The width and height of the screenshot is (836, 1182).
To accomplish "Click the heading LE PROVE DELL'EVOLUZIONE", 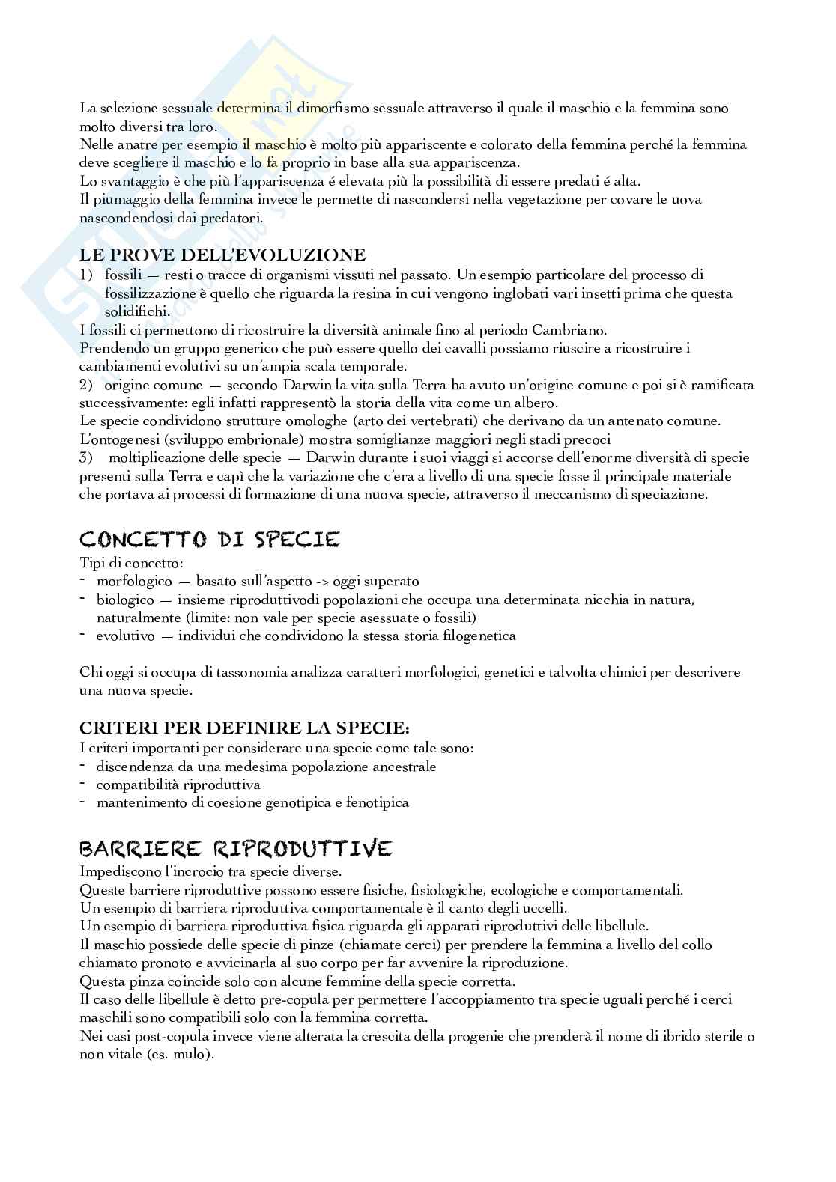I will tap(222, 255).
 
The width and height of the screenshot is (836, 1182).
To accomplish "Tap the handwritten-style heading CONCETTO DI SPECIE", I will tap(210, 539).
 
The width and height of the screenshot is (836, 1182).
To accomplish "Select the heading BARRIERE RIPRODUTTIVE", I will tap(235, 848).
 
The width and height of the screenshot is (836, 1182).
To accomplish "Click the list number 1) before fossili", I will tap(86, 275).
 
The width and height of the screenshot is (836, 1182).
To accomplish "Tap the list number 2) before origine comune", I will tap(86, 385).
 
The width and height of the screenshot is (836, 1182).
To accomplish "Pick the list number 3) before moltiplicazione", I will tap(86, 457).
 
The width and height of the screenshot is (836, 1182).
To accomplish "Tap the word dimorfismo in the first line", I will tap(327, 108).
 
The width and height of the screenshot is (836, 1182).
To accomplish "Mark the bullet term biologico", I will tap(125, 600).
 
